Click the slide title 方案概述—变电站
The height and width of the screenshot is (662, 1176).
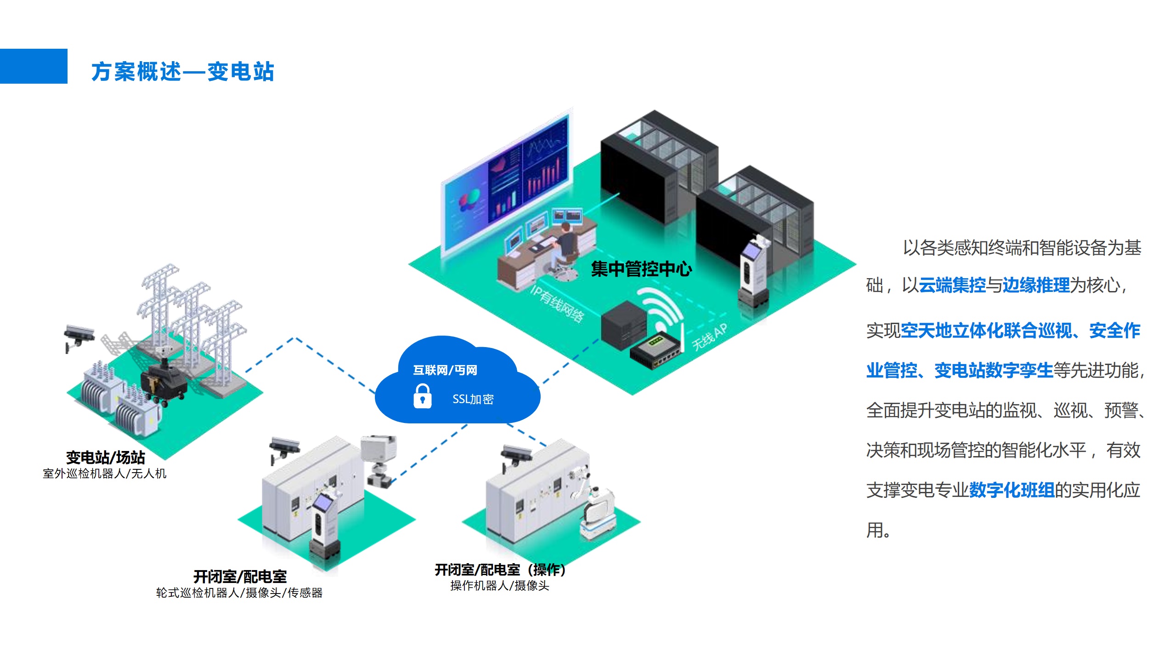point(183,72)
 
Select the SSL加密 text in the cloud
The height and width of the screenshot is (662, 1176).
point(473,399)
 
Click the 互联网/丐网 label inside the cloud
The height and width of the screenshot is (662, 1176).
point(445,370)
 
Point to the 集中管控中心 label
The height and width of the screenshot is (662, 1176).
point(641,269)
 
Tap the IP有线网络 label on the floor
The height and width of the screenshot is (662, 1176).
point(557,304)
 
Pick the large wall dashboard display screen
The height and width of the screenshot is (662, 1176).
point(505,184)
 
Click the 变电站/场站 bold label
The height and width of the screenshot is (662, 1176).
point(105,457)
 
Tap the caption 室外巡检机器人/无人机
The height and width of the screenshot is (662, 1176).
point(105,474)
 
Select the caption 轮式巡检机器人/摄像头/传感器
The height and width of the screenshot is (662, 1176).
point(239,593)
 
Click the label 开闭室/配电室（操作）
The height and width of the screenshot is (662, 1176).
point(500,570)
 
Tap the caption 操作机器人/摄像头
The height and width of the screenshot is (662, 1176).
point(500,586)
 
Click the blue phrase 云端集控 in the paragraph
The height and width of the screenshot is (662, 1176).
point(952,285)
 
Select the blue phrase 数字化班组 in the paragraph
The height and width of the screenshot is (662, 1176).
point(1012,491)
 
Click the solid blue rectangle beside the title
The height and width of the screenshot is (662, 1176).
point(34,66)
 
